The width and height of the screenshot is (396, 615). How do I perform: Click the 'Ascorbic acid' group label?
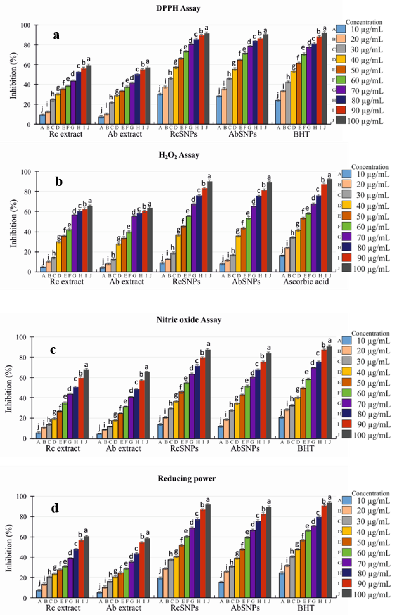[x=306, y=282]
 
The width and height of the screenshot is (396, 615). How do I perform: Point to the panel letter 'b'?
[x=59, y=182]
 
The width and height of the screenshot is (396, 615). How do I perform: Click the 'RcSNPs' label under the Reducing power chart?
[x=184, y=608]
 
